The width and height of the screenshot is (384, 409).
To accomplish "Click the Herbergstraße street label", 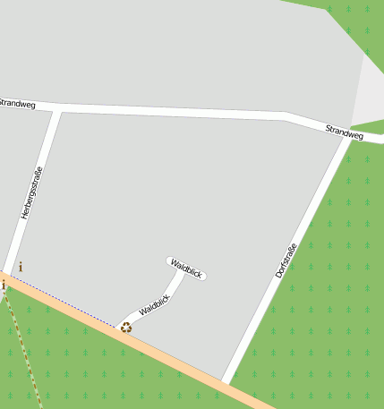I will [31, 192].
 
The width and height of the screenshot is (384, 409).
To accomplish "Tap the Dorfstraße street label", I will [286, 254].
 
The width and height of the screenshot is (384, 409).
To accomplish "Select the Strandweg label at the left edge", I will [17, 104].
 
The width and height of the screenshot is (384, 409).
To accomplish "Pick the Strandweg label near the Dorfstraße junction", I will [345, 132].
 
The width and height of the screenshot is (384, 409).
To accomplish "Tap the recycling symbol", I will [126, 328].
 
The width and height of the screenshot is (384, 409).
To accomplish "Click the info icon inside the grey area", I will [21, 267].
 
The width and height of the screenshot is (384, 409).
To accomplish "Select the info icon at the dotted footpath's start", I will [4, 285].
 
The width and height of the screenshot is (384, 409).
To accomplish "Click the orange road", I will [179, 358].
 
